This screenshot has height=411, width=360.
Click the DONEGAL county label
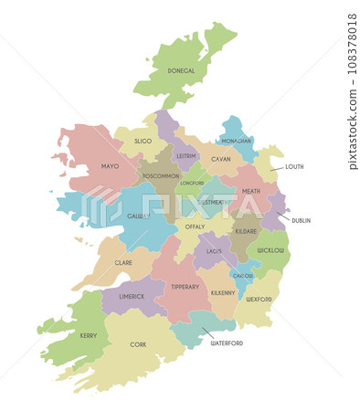coord(181,70)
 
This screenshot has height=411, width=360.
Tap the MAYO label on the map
coord(110,166)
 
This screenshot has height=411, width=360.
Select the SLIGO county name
coord(143,142)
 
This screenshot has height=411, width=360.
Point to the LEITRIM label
coord(186,155)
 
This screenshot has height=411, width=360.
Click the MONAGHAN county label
coord(236,142)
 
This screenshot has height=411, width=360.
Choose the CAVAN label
coord(221,159)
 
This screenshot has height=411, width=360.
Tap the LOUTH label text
coord(294,167)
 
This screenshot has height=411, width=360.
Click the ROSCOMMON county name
coord(161,175)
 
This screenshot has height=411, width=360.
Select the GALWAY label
coord(138,216)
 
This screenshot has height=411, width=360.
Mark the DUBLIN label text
coord(301,220)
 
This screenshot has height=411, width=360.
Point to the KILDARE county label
coord(246,231)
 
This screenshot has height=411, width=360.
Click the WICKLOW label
coord(271,249)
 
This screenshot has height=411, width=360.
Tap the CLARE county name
coord(123,262)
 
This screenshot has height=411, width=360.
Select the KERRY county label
coord(88,335)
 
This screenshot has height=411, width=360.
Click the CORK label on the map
coord(138,344)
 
